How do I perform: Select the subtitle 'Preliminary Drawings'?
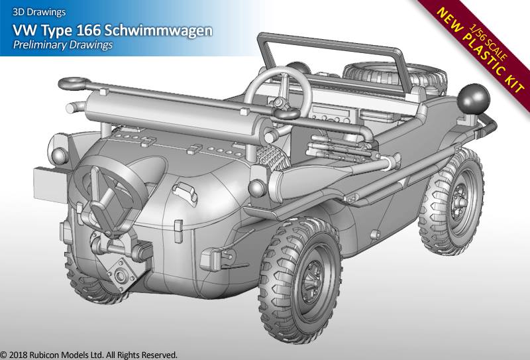click(x=62, y=45)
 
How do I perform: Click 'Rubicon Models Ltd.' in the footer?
click(x=78, y=355)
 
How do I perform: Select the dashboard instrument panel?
click(x=330, y=111)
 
